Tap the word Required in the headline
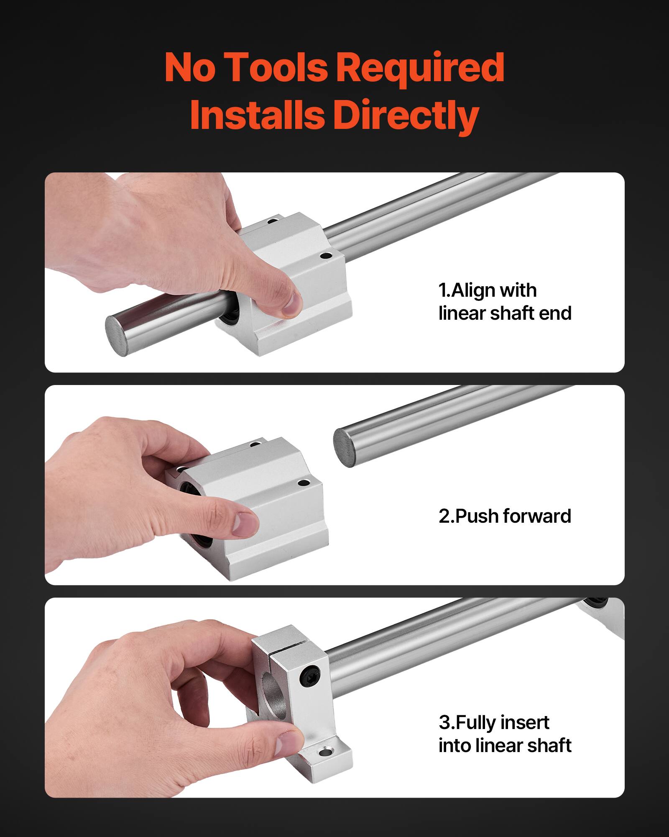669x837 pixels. click(420, 68)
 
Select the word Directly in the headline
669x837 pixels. click(406, 116)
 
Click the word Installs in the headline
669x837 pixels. click(257, 116)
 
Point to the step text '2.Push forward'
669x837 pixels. click(505, 516)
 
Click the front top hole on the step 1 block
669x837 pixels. click(325, 255)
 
